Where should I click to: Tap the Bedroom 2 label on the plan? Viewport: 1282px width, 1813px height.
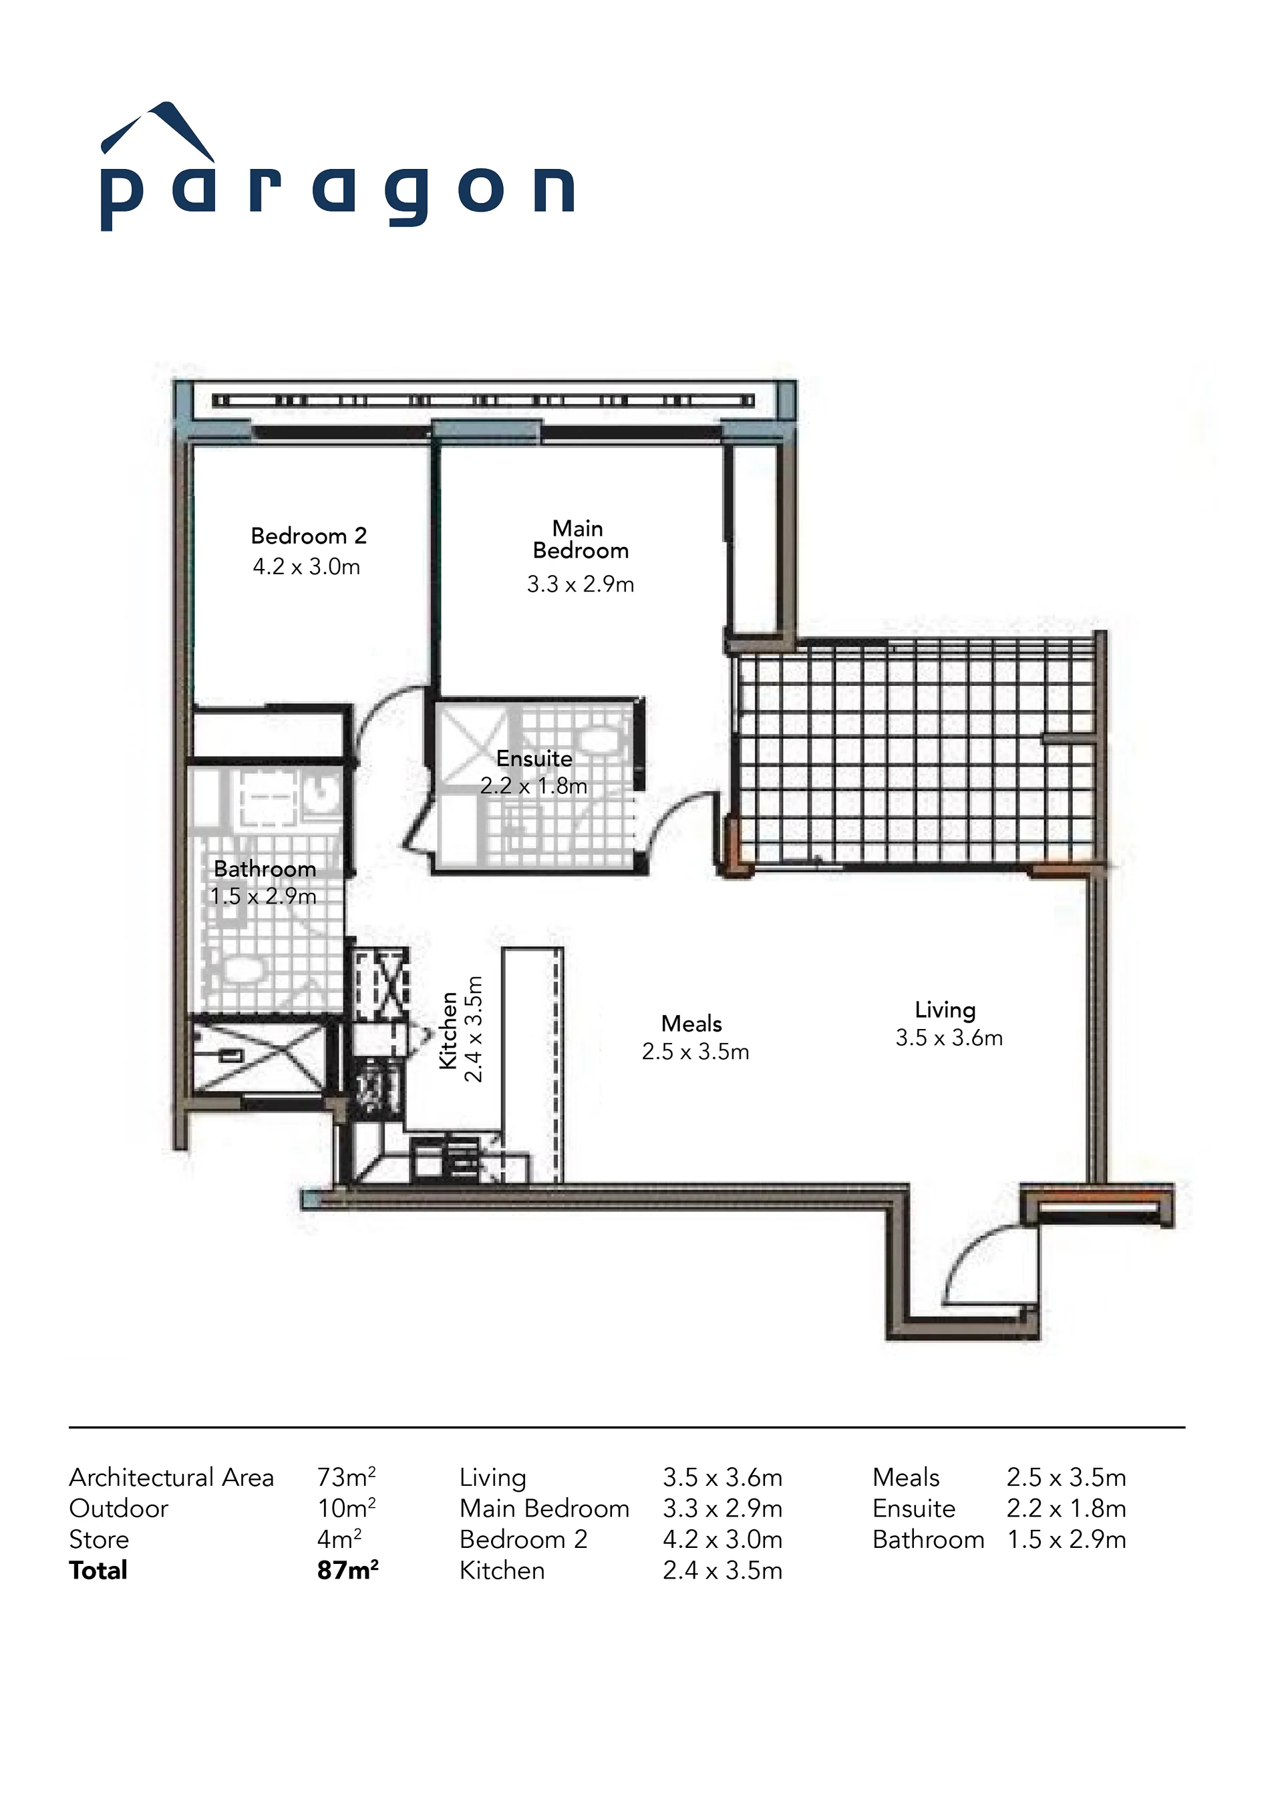pos(309,536)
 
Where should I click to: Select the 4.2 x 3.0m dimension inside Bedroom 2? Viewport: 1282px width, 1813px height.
pos(307,567)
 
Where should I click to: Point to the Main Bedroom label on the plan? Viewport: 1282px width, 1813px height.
pos(581,540)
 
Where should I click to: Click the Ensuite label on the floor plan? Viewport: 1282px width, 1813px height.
pos(534,759)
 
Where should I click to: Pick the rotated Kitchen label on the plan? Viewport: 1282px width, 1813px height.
pos(448,1030)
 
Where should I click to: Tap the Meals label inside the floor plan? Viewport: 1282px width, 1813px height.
pos(692,1024)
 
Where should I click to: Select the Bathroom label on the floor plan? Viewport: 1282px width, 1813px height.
pos(265,869)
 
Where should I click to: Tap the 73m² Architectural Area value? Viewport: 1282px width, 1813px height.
pos(347,1476)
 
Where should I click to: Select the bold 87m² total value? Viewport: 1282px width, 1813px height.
pos(347,1570)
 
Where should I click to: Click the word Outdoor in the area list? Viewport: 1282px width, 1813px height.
pos(118,1508)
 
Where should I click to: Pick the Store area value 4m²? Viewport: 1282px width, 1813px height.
pos(339,1539)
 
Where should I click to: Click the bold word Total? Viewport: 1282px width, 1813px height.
pos(98,1571)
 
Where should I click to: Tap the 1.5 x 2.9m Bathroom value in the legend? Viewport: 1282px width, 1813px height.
pos(1066,1539)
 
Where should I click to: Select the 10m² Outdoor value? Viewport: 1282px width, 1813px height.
pos(347,1508)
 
